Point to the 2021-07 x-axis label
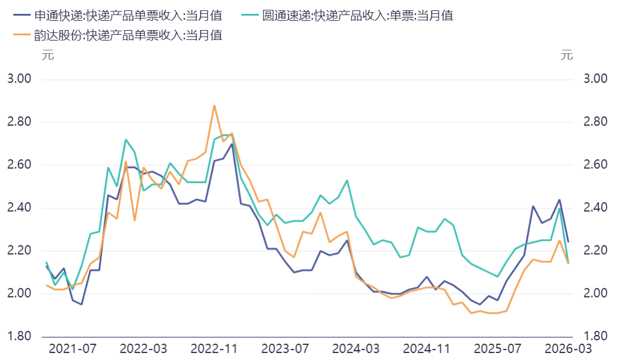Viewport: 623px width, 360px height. point(72,349)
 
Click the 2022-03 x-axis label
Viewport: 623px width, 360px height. point(143,349)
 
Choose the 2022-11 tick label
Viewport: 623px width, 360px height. point(214,349)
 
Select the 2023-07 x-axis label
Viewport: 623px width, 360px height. point(285,349)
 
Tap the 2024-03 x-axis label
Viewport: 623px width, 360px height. point(356,349)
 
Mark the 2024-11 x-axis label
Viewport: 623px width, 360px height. point(427,349)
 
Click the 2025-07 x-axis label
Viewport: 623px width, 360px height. point(497,349)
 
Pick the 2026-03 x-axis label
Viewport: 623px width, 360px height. point(568,349)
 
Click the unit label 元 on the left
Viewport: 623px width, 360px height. point(47,56)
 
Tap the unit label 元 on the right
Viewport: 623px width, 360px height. point(567,56)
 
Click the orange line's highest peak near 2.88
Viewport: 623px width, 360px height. point(214,105)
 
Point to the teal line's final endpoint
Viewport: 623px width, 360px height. point(568,263)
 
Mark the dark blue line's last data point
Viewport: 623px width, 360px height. point(568,241)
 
